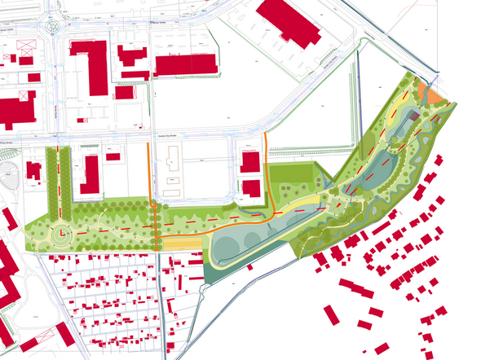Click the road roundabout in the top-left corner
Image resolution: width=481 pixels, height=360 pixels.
pos(55,28)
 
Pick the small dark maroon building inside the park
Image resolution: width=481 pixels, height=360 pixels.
pos(415,117)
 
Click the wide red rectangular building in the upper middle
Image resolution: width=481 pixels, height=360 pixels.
pos(184,65)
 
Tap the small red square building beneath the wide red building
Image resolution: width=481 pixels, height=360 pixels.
pos(124,92)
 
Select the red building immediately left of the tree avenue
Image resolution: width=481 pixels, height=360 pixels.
pos(34,170)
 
